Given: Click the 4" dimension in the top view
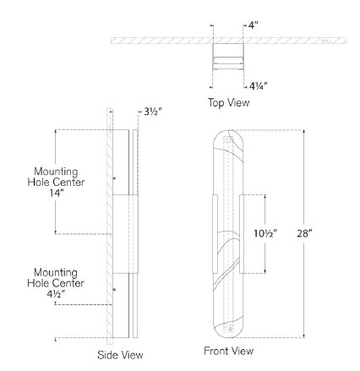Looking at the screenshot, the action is (x=254, y=25).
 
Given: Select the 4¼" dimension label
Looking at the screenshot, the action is (x=258, y=86).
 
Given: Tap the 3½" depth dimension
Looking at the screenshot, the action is (x=153, y=112).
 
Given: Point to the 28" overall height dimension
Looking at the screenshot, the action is (x=305, y=233).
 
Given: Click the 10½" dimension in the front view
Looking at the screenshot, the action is (x=265, y=233).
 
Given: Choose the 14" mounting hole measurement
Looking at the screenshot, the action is (x=56, y=194).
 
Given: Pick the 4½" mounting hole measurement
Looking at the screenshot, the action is (x=56, y=294).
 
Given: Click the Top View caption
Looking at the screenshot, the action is (x=229, y=102).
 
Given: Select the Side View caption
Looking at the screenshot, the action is (x=120, y=355).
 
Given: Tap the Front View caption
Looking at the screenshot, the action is (x=229, y=351).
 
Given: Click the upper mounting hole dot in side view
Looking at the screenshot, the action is (x=114, y=178).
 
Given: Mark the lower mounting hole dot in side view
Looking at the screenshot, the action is (x=114, y=289).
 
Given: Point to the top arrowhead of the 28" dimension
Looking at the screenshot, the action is (x=304, y=131).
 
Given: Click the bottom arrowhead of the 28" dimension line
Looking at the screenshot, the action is (x=304, y=336).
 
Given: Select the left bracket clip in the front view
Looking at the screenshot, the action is (x=215, y=234).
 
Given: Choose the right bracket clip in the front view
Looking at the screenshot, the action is (x=242, y=234).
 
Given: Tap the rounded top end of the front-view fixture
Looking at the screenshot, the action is (x=228, y=130).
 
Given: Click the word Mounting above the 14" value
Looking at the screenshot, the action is (x=56, y=172).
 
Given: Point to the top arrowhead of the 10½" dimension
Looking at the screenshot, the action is (x=265, y=196).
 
